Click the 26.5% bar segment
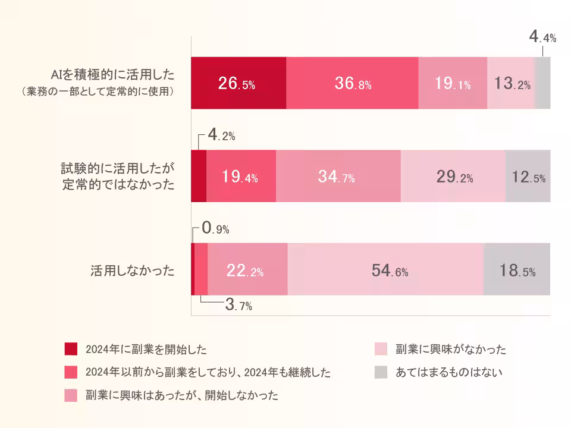point(238,83)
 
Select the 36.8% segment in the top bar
point(352,83)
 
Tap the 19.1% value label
point(452,84)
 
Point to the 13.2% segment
point(512,84)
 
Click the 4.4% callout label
point(542,38)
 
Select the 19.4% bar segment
point(241,177)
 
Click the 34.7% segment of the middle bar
point(338,177)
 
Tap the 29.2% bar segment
point(453,177)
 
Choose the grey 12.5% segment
point(528,177)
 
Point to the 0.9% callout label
point(215,228)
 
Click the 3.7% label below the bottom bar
point(239,306)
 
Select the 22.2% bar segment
point(247,269)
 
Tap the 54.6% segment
point(385,269)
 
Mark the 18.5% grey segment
point(516,269)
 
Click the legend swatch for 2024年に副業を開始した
point(71,348)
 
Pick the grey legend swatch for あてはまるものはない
point(381,373)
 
